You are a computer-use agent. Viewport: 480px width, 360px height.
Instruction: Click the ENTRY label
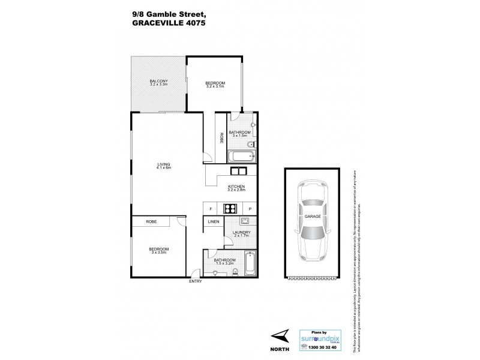(x=196, y=281)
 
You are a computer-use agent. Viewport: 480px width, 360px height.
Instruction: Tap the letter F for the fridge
(x=211, y=209)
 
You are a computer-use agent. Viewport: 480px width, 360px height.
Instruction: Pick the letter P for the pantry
(x=249, y=209)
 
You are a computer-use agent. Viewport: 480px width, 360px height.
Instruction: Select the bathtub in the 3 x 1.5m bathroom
(x=241, y=157)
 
